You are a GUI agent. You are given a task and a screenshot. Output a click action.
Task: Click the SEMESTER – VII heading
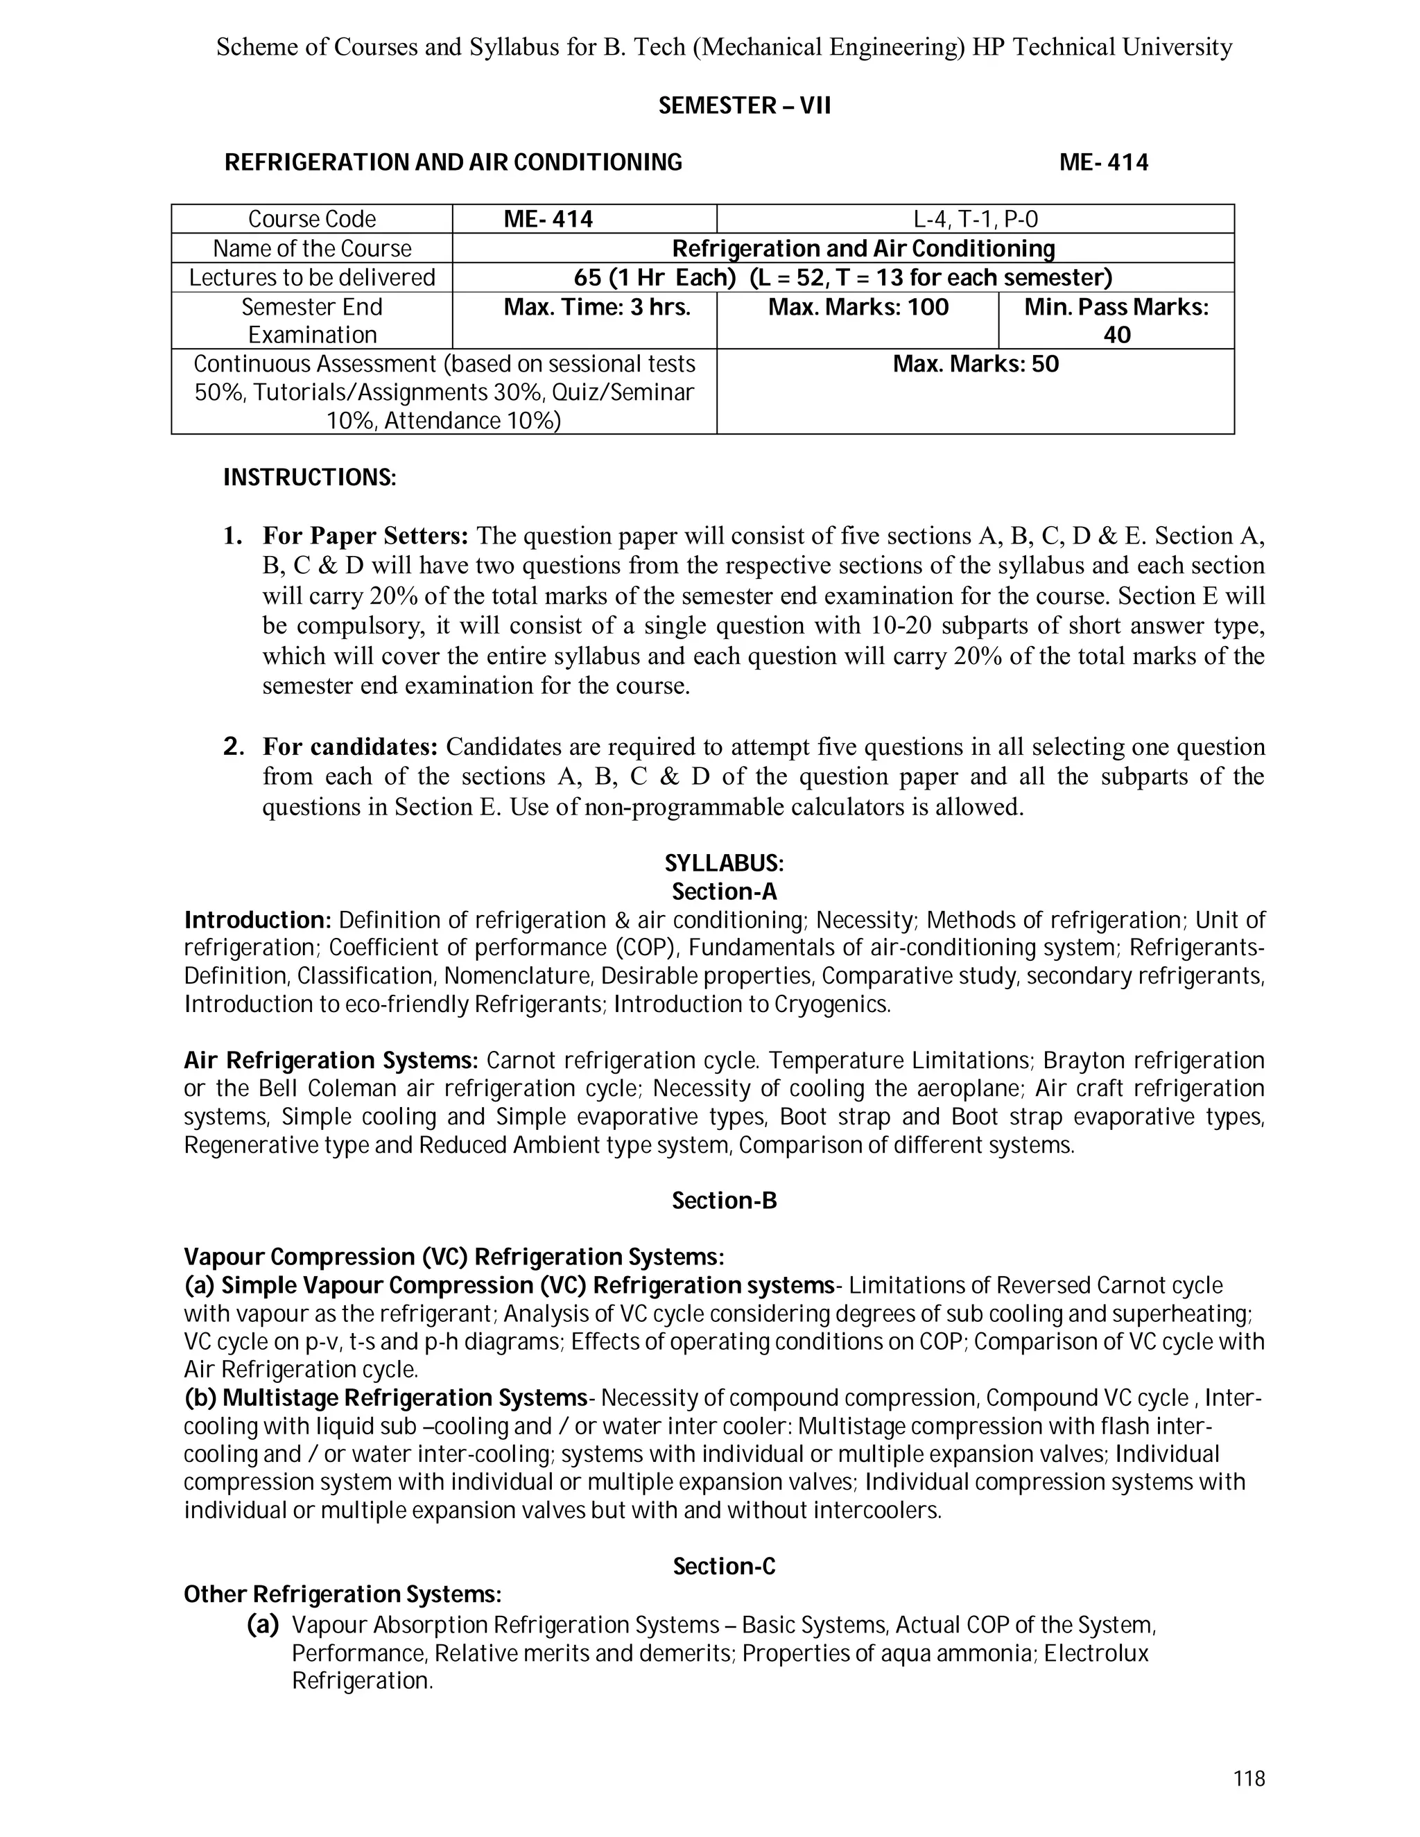click(x=745, y=106)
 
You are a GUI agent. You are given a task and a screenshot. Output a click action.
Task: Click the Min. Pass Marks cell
click(x=1116, y=320)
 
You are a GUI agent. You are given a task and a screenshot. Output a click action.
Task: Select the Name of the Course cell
click(x=312, y=249)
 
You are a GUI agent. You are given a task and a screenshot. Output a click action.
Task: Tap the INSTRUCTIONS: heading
click(x=309, y=478)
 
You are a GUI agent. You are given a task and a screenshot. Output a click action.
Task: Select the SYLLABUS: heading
click(x=725, y=864)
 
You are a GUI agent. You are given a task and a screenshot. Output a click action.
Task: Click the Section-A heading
click(x=725, y=891)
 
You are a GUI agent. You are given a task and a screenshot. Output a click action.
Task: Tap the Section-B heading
click(x=725, y=1201)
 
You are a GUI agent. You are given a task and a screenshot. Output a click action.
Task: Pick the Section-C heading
click(x=725, y=1566)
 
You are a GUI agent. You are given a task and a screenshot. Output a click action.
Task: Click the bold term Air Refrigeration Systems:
click(x=331, y=1061)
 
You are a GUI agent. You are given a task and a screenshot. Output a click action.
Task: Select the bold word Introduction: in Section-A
click(x=258, y=920)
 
